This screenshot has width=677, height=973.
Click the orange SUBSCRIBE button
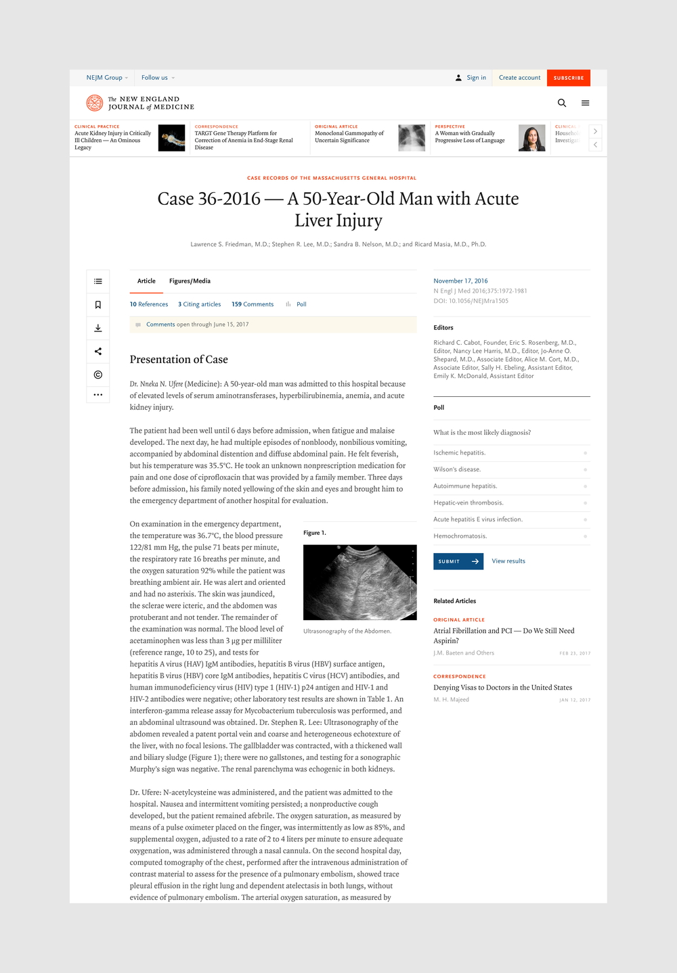pos(568,78)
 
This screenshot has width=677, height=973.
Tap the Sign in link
pos(476,78)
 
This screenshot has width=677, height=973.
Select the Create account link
pos(519,78)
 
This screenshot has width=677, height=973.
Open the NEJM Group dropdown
pos(107,78)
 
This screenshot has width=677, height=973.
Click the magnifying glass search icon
pos(562,103)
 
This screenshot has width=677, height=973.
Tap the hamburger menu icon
pos(586,103)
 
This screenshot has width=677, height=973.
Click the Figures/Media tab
pos(190,281)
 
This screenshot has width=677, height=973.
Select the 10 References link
pos(149,304)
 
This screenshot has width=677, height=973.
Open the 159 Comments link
pos(253,304)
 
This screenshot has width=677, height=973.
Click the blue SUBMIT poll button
pos(458,561)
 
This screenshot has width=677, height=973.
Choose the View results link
pos(508,561)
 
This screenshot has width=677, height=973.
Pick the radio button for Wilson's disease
pos(585,469)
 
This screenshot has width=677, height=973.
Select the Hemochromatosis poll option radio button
pos(585,536)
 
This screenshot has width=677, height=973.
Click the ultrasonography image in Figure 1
pos(359,582)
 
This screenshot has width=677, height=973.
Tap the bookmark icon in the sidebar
pos(98,305)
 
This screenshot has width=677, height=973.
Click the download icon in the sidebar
pos(98,328)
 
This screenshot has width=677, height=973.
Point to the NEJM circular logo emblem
pos(95,103)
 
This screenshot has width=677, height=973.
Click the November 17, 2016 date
pos(460,281)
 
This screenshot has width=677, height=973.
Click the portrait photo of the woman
pos(532,138)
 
